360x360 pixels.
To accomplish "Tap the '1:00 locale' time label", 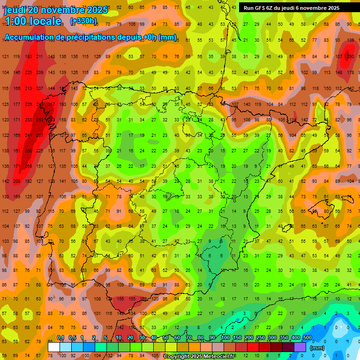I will click(33, 21).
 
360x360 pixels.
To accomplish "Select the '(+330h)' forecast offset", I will click(83, 21).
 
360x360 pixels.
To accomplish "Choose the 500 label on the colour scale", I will click(307, 337).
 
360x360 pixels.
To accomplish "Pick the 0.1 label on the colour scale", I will click(60, 337).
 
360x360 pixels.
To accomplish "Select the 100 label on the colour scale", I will click(225, 337).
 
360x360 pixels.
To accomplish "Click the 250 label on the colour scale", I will click(261, 337).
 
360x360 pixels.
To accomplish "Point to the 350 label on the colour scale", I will click(284, 337).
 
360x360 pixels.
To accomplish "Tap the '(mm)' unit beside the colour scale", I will click(317, 348).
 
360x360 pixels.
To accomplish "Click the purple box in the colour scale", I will click(300, 347).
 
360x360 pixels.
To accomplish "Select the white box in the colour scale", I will click(54, 347).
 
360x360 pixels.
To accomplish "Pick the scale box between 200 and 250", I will click(253, 347).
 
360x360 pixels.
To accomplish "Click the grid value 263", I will click(40, 120).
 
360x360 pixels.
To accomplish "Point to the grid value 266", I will click(28, 151).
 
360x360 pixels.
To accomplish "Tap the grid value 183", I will click(28, 57).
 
